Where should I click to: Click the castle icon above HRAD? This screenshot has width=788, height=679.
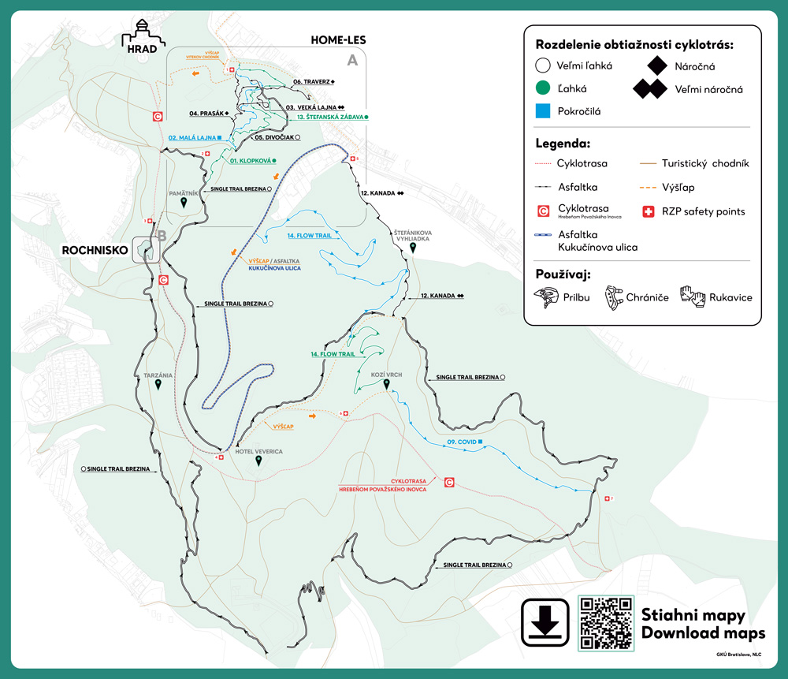pyautogui.click(x=142, y=33)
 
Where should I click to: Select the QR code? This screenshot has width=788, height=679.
pyautogui.click(x=606, y=623)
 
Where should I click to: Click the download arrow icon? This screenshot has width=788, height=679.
pyautogui.click(x=545, y=623)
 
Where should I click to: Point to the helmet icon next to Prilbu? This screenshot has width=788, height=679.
pyautogui.click(x=545, y=297)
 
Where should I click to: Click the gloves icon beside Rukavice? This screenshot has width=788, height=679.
pyautogui.click(x=693, y=297)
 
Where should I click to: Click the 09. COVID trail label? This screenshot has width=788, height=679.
pyautogui.click(x=463, y=442)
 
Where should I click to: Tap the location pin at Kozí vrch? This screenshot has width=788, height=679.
pyautogui.click(x=386, y=385)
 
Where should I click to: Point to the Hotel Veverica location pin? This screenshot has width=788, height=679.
pyautogui.click(x=258, y=463)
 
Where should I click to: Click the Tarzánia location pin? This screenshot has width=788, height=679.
pyautogui.click(x=158, y=385)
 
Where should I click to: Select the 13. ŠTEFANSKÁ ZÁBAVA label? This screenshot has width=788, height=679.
pyautogui.click(x=329, y=117)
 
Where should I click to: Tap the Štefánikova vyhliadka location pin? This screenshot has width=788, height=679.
pyautogui.click(x=413, y=248)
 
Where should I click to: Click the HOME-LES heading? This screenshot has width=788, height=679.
pyautogui.click(x=338, y=39)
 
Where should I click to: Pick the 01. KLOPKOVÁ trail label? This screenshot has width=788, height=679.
pyautogui.click(x=252, y=160)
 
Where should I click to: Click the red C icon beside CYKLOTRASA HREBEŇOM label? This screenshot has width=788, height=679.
pyautogui.click(x=448, y=483)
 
